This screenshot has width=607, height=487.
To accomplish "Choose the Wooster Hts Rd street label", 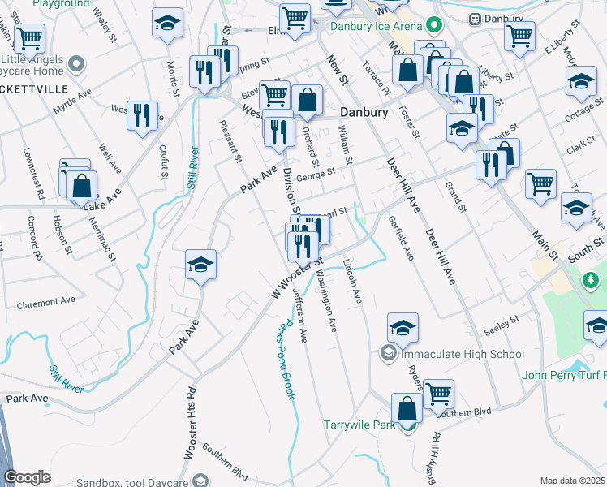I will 188,422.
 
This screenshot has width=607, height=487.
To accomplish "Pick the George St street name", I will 316,174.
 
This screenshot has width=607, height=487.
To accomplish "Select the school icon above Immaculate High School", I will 403,328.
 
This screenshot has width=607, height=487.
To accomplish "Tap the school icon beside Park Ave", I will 200,265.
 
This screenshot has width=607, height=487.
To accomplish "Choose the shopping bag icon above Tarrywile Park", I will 407,407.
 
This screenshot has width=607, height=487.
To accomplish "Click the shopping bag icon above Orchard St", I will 308,101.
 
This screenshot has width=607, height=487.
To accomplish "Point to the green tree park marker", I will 592,281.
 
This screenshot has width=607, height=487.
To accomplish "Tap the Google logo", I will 27,477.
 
